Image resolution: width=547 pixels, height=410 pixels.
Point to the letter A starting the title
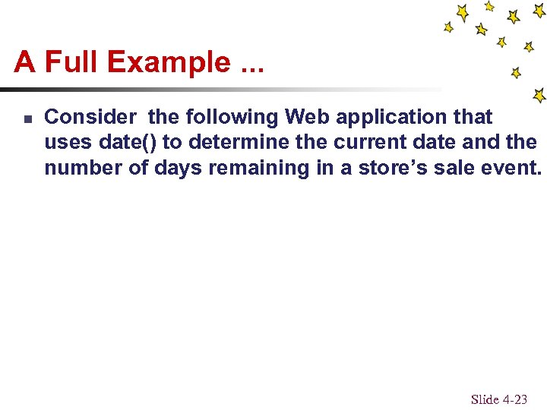coord(24,61)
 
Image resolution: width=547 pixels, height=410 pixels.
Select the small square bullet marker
coord(26,119)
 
